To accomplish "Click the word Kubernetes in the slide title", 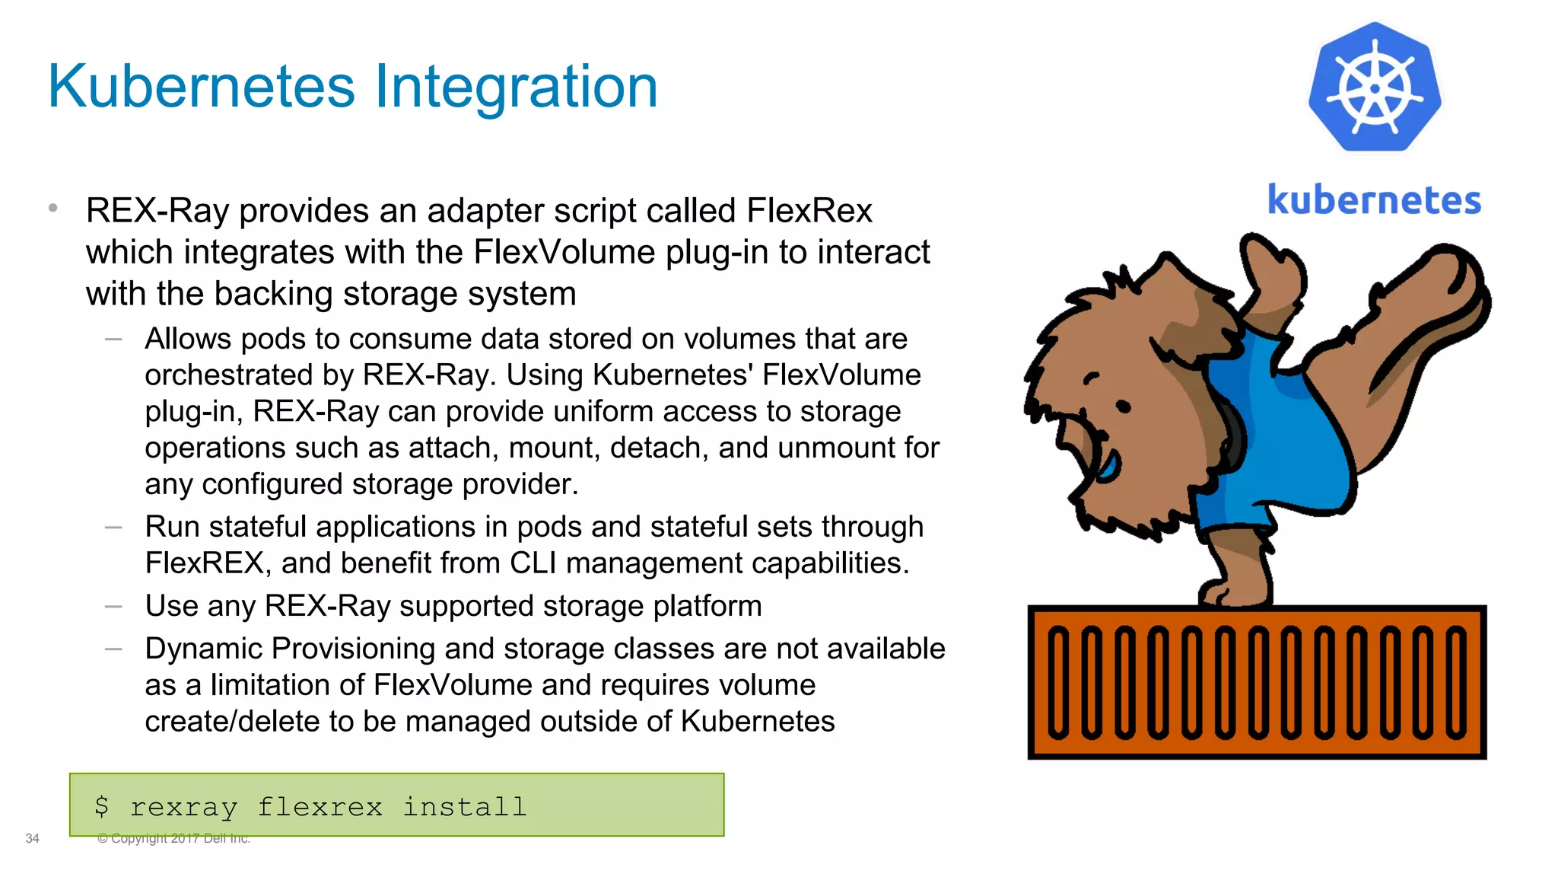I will tap(202, 87).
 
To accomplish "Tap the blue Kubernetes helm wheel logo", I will tap(1375, 88).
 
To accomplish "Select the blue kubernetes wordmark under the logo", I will tap(1374, 200).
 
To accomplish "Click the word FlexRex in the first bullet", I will tap(809, 211).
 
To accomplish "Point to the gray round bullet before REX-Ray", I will tap(52, 207).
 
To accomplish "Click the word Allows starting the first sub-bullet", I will tap(187, 339).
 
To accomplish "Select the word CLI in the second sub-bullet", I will tap(533, 563).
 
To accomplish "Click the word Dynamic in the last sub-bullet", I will tap(204, 649).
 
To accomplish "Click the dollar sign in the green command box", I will tap(102, 806).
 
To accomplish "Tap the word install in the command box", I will tap(464, 806).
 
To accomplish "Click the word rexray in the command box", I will tap(183, 807).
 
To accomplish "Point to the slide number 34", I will tap(32, 838).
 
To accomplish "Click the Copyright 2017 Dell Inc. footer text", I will tap(173, 838).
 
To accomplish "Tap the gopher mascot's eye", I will tap(1123, 407).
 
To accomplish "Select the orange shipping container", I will tap(1257, 682).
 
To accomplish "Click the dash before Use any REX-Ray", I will tap(113, 607).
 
